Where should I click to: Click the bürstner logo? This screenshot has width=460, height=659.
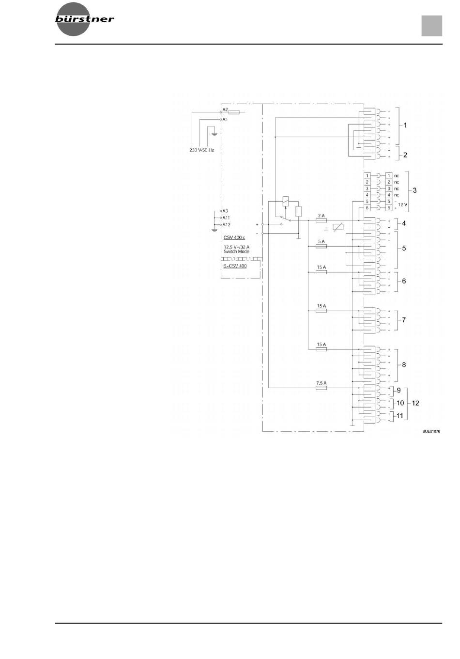84,19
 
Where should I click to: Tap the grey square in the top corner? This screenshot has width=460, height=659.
431,26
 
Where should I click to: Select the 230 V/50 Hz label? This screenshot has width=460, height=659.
201,150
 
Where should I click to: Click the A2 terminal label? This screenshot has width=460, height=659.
225,110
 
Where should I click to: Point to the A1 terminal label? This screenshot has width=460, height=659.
225,119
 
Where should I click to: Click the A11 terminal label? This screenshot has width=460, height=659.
226,218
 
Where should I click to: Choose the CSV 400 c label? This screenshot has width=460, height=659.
234,237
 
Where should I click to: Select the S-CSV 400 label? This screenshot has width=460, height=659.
235,266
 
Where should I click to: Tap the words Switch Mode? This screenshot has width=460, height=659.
236,251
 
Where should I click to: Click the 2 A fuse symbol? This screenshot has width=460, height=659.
321,220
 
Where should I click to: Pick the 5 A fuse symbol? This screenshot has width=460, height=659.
321,246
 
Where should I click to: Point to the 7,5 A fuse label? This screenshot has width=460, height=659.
321,383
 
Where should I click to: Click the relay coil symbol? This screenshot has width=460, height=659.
285,201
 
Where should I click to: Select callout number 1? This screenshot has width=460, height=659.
405,126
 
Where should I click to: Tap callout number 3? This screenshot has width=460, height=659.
414,190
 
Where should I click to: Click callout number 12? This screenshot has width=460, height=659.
415,403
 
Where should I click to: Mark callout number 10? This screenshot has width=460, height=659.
400,403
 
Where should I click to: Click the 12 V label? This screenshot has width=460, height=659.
403,204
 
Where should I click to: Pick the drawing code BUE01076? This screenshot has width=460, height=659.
431,431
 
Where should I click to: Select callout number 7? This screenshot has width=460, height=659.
404,320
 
